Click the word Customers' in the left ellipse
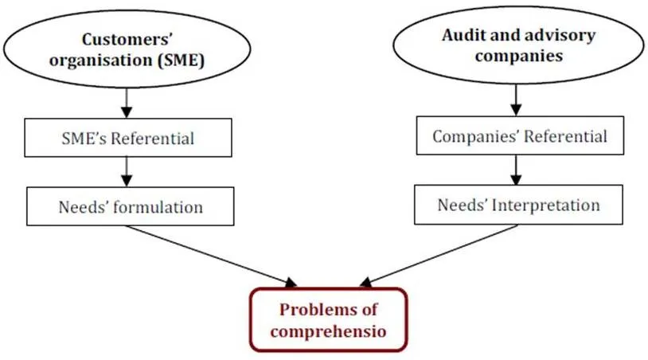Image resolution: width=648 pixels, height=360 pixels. (x=127, y=40)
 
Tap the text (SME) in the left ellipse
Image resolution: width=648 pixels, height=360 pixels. (x=181, y=61)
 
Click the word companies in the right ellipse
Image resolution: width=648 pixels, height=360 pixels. (x=519, y=56)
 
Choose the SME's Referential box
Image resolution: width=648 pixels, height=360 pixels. (x=128, y=138)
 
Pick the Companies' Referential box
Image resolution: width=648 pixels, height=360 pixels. (x=520, y=135)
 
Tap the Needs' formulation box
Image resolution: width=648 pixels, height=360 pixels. (x=131, y=206)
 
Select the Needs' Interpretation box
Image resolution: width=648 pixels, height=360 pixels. (x=518, y=205)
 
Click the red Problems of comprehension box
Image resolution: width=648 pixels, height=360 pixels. (x=329, y=320)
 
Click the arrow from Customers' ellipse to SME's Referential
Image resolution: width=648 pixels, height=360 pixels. (x=127, y=103)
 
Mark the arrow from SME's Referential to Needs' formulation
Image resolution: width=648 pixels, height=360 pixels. (x=127, y=171)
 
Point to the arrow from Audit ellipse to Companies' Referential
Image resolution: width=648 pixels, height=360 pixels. (x=516, y=100)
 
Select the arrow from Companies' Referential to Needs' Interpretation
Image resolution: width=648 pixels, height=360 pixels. (x=516, y=170)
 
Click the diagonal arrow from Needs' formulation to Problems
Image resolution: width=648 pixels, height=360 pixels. (x=212, y=256)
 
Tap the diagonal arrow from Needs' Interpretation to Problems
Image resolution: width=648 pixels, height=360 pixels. (x=439, y=256)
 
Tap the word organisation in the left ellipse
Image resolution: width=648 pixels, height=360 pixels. (x=101, y=61)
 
